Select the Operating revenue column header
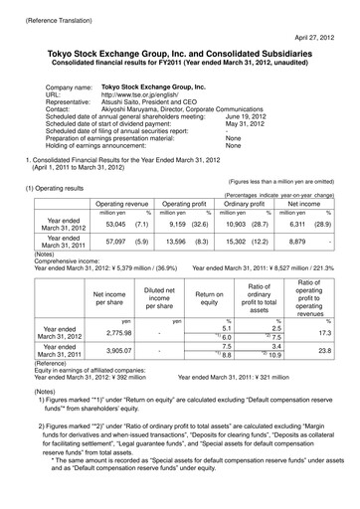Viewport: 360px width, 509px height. pyautogui.click(x=122, y=202)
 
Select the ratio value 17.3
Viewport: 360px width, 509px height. pyautogui.click(x=321, y=338)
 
